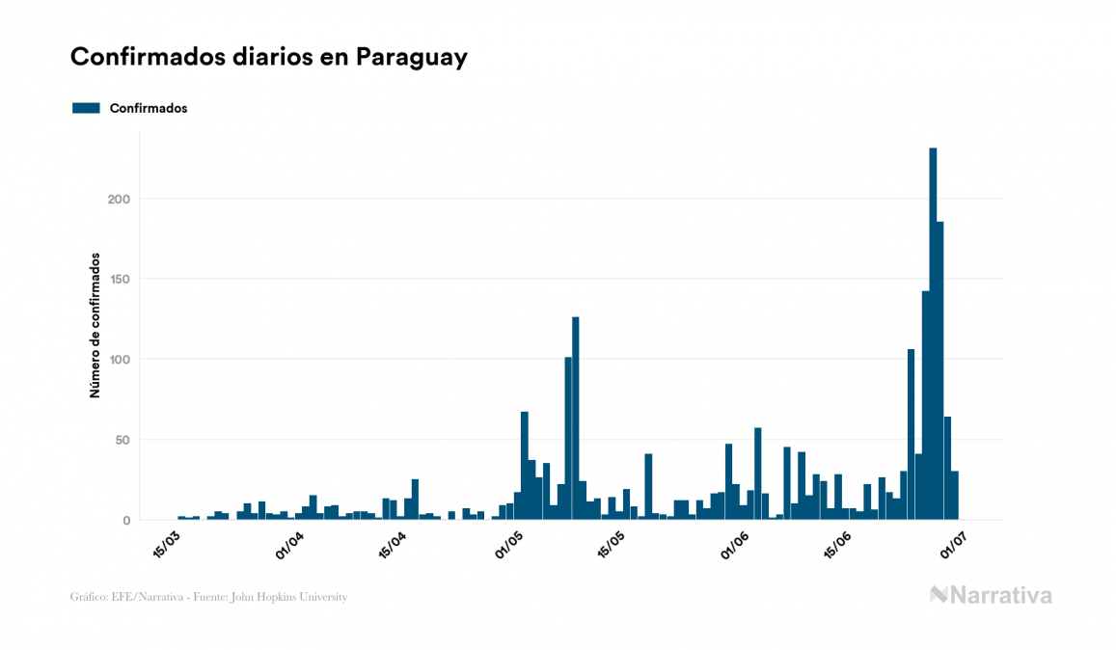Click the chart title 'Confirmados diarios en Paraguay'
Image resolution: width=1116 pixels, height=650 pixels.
(269, 57)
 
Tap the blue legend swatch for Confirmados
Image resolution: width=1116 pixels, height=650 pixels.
(86, 108)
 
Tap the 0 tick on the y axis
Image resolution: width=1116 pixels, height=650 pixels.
(126, 521)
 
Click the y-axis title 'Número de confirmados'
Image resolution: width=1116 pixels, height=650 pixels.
(95, 326)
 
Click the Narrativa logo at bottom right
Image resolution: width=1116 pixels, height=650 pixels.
(991, 595)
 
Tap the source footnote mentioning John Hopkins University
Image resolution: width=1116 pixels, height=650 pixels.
(208, 597)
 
